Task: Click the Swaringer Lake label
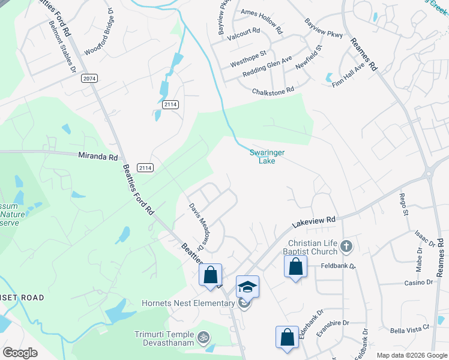(267, 157)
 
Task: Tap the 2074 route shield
(89, 79)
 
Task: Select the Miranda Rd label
(98, 157)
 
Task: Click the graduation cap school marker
(247, 287)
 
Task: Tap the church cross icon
(345, 246)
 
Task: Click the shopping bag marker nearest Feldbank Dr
(295, 267)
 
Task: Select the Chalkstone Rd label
(273, 90)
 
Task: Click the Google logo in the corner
(20, 353)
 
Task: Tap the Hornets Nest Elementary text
(188, 303)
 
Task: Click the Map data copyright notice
(411, 355)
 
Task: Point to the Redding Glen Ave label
(267, 67)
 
